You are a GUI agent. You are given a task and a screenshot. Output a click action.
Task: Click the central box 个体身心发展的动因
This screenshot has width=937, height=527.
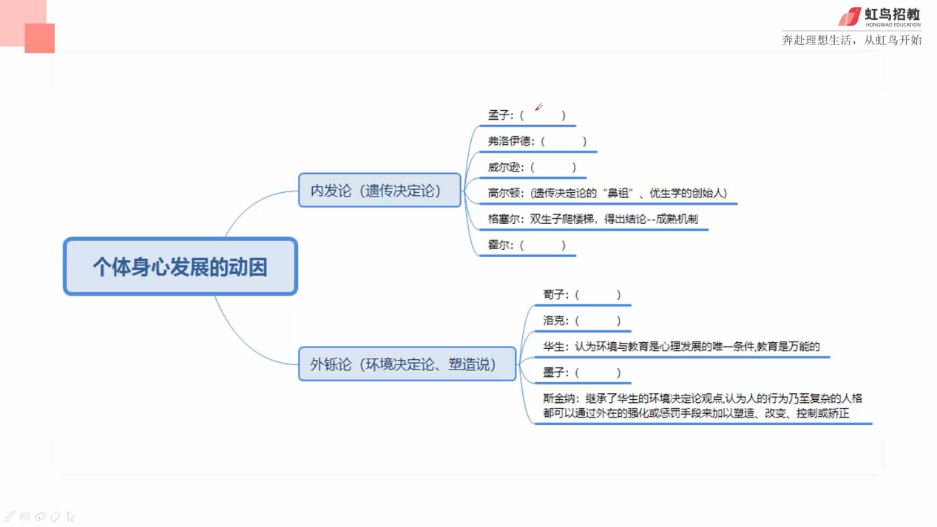[x=180, y=267]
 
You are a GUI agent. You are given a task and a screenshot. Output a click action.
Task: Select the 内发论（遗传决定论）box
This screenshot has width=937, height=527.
[x=379, y=190]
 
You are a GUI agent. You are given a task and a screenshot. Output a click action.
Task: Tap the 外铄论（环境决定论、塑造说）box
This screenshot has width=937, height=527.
[x=407, y=364]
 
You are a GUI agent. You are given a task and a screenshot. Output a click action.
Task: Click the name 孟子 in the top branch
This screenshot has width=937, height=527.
[x=498, y=115]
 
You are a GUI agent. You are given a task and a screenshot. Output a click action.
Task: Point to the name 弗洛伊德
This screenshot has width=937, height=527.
[x=509, y=141]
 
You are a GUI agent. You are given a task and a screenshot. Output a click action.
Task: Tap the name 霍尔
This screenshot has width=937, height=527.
[x=498, y=245]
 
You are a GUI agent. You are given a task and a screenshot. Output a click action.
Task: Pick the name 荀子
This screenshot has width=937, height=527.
[x=553, y=295]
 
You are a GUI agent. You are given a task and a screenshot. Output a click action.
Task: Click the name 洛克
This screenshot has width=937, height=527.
[x=553, y=321]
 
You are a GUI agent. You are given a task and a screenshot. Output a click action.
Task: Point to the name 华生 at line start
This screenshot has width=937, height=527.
[x=553, y=347]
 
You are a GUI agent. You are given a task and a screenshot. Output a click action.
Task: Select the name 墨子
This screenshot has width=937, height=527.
[x=553, y=373]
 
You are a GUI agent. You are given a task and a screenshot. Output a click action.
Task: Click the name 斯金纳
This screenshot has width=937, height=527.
[x=559, y=398]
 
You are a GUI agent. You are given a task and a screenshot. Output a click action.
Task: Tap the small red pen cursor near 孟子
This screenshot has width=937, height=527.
[x=539, y=107]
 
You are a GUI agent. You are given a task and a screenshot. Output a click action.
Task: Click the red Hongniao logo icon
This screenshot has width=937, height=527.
[x=850, y=17]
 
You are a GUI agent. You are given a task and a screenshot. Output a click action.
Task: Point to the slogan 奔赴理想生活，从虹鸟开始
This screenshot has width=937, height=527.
[x=852, y=40]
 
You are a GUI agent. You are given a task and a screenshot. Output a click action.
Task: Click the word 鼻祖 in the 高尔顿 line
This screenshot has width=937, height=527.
[x=618, y=193]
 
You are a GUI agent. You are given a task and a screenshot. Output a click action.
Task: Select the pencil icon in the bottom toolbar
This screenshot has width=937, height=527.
[x=10, y=517]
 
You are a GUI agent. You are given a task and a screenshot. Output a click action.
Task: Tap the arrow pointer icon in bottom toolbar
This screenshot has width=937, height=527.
[x=71, y=517]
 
